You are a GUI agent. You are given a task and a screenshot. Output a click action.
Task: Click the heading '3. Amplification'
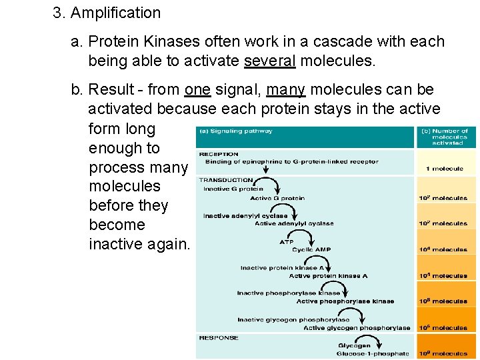tap(107, 13)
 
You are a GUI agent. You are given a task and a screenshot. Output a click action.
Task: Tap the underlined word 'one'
tap(197, 89)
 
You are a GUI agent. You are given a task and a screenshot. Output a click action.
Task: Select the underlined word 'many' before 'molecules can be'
tap(285, 89)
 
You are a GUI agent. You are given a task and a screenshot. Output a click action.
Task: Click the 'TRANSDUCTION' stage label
tap(225, 180)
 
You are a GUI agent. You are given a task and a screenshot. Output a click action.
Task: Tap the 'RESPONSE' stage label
tap(218, 338)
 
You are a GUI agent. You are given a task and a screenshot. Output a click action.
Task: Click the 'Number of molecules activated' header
tap(447, 137)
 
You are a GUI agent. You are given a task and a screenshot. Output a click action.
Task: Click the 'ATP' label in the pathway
tap(287, 242)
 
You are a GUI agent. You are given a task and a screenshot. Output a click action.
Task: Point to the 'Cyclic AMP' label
tap(311, 249)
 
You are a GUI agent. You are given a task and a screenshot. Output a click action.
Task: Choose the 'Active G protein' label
tap(277, 198)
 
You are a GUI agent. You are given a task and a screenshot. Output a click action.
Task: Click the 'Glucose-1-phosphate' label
tap(373, 353)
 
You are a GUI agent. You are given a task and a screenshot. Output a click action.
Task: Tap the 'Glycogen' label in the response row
tap(354, 345)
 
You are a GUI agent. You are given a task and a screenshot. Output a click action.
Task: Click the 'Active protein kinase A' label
tap(328, 276)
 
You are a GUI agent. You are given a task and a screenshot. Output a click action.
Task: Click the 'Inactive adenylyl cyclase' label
tap(245, 216)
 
